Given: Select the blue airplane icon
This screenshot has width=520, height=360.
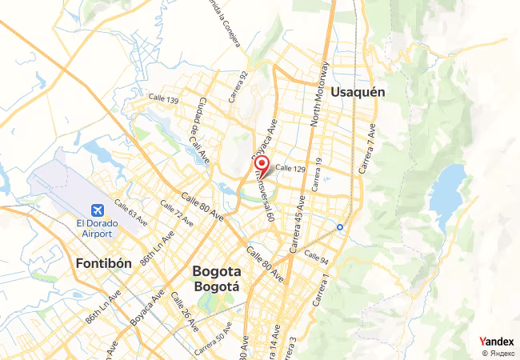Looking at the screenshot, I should pyautogui.click(x=97, y=210).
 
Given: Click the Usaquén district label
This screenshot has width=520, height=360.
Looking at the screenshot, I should pyautogui.click(x=358, y=92).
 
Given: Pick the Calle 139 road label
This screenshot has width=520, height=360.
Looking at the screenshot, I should pyautogui.click(x=163, y=98).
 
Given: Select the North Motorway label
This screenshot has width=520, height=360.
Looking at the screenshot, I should pyautogui.click(x=319, y=94).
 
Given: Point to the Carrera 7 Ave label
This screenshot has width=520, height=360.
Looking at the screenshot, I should pyautogui.click(x=367, y=150).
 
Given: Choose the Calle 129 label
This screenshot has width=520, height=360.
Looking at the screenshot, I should pyautogui.click(x=290, y=168).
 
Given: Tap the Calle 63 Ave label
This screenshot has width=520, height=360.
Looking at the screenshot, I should pyautogui.click(x=131, y=213).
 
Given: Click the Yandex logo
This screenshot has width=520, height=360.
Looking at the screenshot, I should pyautogui.click(x=496, y=341).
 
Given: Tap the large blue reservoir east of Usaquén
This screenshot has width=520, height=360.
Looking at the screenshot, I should pyautogui.click(x=450, y=195).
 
